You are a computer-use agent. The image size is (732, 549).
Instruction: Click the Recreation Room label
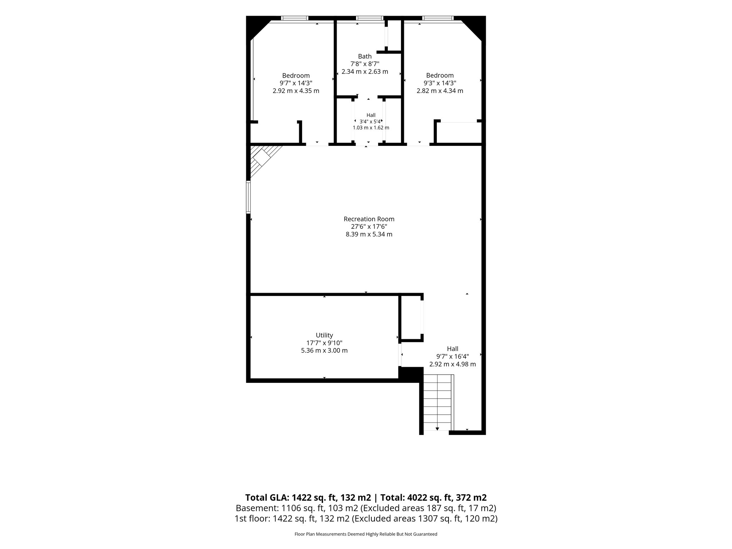coord(369,219)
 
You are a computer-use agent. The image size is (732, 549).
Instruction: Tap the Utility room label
coord(324,335)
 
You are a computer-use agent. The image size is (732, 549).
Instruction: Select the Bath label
coord(365,56)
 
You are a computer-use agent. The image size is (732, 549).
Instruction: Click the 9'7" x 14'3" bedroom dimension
coord(296,83)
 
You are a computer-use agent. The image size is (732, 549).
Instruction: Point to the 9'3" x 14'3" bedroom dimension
coord(440,83)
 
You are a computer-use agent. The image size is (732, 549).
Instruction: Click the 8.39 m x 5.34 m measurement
coord(369,234)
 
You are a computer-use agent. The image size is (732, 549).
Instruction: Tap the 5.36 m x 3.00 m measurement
coord(324,351)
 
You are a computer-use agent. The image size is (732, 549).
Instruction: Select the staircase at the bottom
coord(439,402)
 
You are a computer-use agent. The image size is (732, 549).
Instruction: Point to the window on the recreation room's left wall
coord(248,197)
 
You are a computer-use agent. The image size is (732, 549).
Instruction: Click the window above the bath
coord(370,18)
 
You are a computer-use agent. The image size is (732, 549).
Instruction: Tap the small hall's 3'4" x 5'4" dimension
coord(371,122)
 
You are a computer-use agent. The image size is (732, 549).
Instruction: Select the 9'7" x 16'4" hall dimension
coord(452,356)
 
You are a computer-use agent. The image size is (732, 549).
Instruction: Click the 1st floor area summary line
coord(366,519)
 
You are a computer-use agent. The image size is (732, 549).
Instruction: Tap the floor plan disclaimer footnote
coord(366,534)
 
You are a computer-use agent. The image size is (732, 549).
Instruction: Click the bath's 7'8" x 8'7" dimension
coord(365,64)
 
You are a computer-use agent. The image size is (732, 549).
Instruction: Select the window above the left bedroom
coord(295,18)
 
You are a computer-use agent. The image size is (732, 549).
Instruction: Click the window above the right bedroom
coord(438,18)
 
